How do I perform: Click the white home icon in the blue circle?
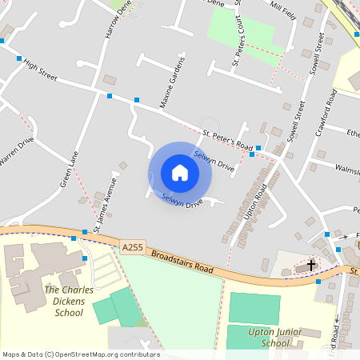(x=180, y=173)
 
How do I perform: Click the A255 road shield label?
(x=133, y=248)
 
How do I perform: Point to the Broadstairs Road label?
(x=182, y=262)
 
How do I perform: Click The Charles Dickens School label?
(x=63, y=302)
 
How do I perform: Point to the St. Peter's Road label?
(x=227, y=140)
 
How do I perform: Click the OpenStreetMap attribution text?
(x=80, y=354)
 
